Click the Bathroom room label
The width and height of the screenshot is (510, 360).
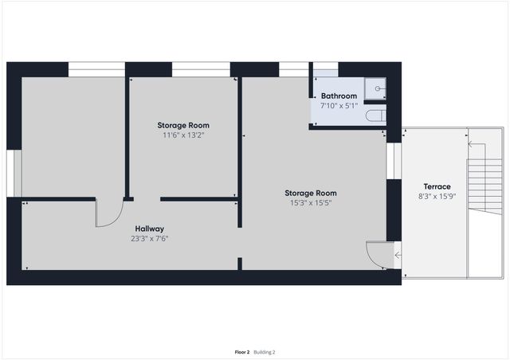pyautogui.click(x=339, y=96)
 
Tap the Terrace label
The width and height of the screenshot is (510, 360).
pyautogui.click(x=436, y=186)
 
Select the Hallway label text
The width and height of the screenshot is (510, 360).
pyautogui.click(x=150, y=229)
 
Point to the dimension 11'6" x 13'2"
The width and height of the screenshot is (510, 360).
pyautogui.click(x=182, y=135)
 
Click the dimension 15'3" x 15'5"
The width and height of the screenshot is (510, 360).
pyautogui.click(x=311, y=203)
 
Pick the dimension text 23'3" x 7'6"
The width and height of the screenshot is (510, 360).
pyautogui.click(x=150, y=238)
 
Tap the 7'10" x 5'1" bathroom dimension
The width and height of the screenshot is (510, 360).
pyautogui.click(x=339, y=105)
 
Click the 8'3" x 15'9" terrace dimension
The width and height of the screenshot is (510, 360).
pyautogui.click(x=436, y=196)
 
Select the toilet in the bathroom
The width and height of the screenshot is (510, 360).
pyautogui.click(x=374, y=117)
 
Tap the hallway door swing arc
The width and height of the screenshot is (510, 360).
pyautogui.click(x=109, y=213)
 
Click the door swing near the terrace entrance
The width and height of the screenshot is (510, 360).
pyautogui.click(x=375, y=254)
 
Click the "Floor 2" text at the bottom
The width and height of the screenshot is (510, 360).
pyautogui.click(x=242, y=351)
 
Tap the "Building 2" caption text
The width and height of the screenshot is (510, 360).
pyautogui.click(x=265, y=351)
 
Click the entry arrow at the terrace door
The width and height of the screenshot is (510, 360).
pyautogui.click(x=398, y=255)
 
